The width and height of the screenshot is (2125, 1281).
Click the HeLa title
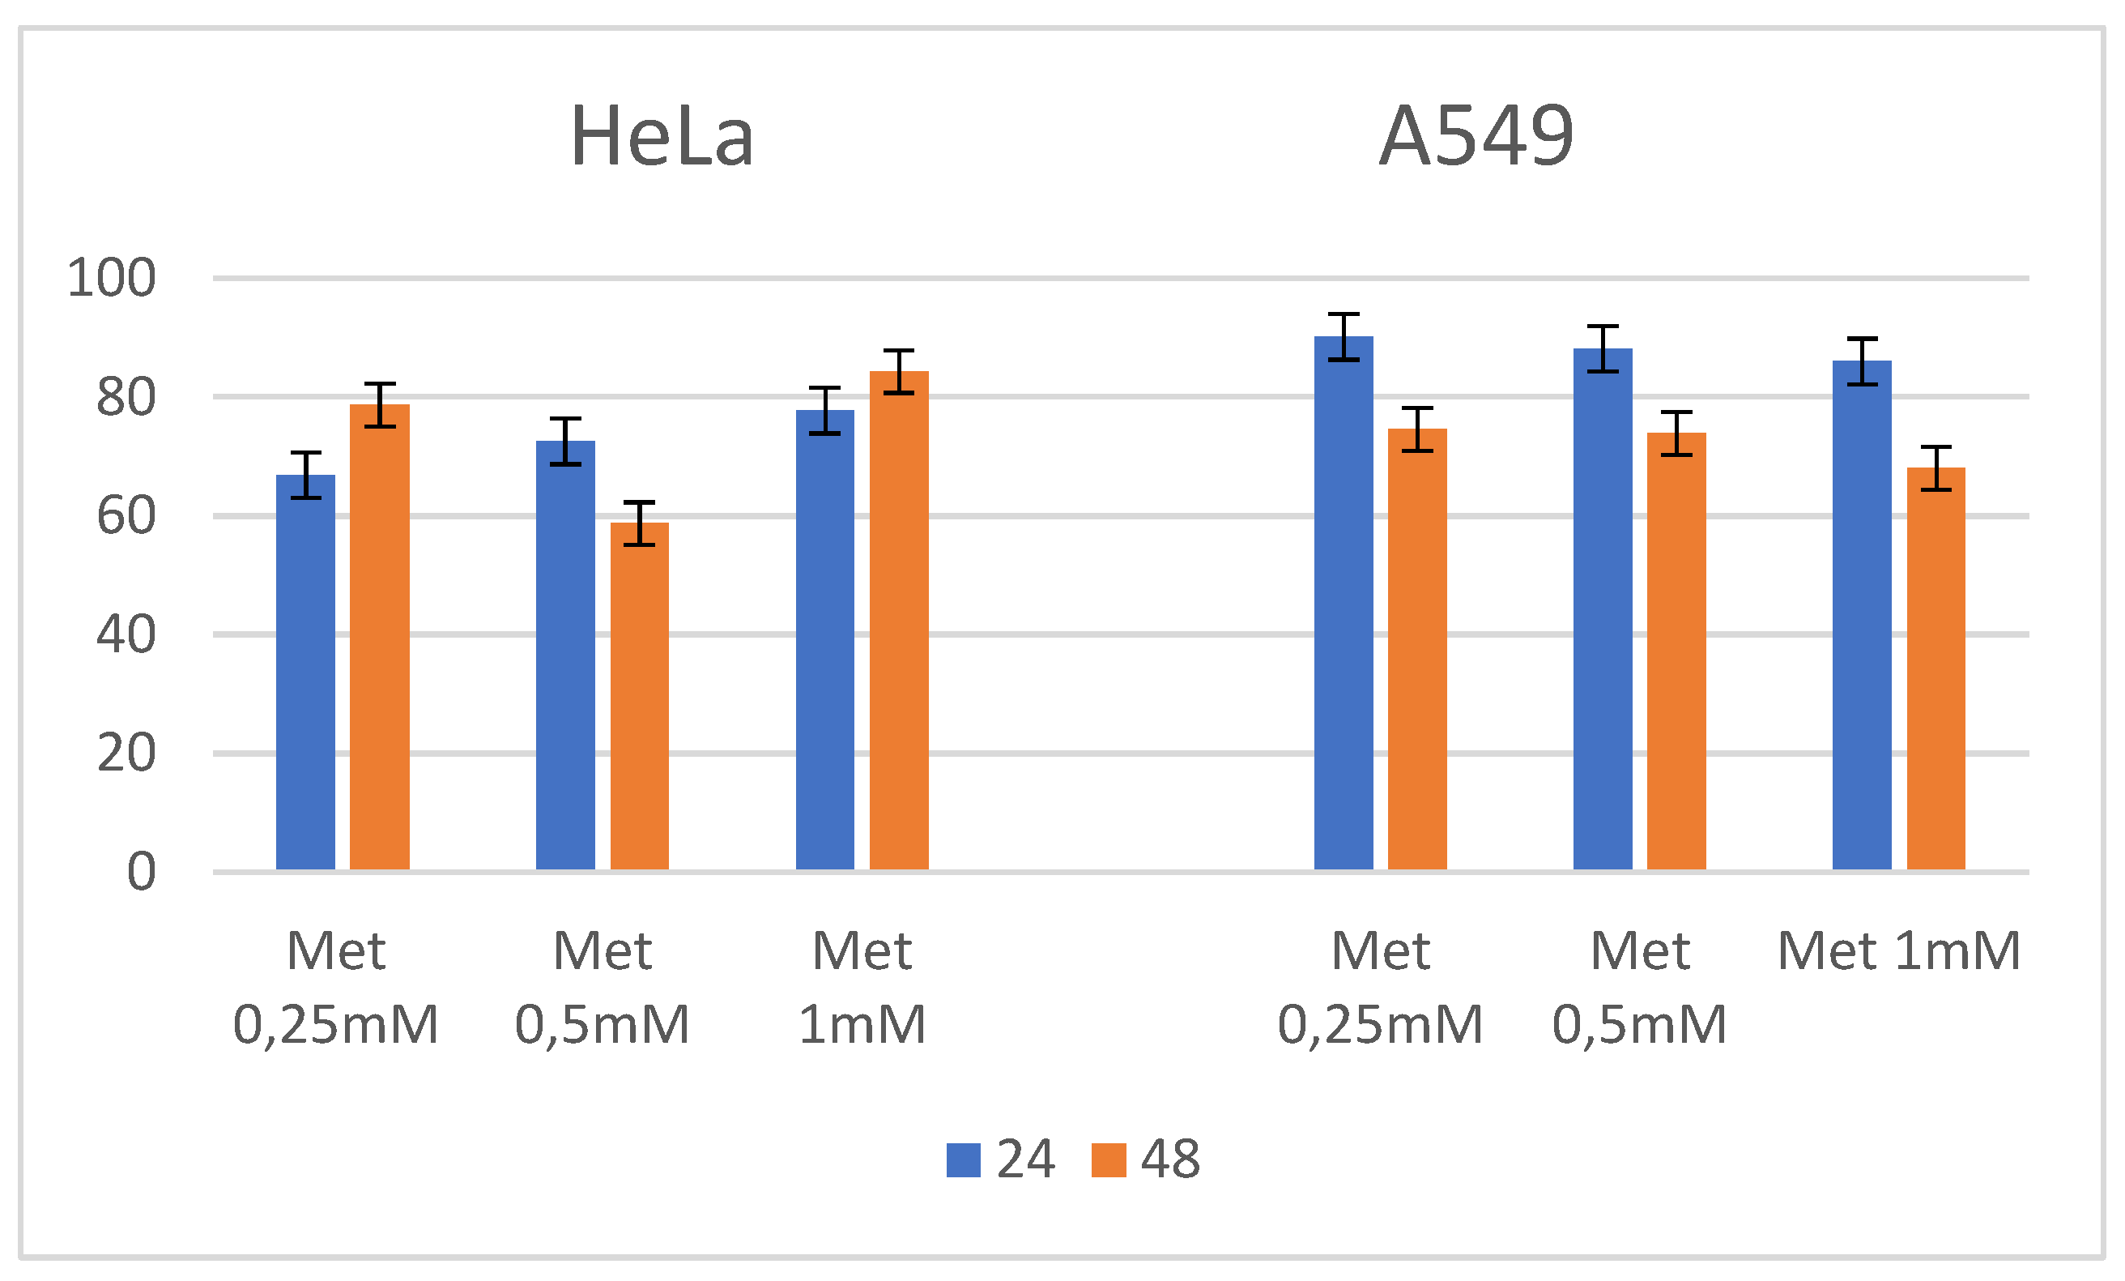(662, 136)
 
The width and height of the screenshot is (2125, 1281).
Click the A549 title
(1476, 136)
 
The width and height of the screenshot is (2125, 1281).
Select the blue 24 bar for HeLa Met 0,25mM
(305, 673)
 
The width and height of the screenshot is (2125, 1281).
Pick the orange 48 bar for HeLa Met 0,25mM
(380, 638)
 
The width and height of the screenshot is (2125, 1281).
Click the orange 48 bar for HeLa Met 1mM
(899, 621)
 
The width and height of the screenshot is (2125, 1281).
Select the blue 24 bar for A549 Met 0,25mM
(1343, 604)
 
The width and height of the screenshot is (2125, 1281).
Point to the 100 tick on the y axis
(111, 279)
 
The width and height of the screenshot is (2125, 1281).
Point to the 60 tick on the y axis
(126, 516)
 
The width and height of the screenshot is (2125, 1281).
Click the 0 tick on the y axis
(141, 871)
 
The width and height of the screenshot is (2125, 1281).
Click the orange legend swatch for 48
(1108, 1159)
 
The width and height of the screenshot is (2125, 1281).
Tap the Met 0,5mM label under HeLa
(602, 987)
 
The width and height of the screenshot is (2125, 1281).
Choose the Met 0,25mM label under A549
(1380, 987)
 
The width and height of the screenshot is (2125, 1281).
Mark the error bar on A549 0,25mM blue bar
(1343, 336)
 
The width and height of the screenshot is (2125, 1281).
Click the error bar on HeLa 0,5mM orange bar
(639, 523)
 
